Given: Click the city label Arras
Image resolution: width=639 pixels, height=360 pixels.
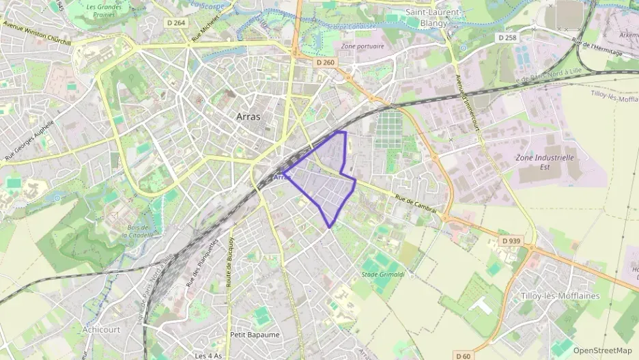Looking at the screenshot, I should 248,117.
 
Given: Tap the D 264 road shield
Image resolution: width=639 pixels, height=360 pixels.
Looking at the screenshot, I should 176,23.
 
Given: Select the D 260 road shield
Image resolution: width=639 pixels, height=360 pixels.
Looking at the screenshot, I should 326,62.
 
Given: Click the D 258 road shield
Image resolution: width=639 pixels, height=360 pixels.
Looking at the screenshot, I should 507,38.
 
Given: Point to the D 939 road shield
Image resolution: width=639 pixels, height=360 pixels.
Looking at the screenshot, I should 511,241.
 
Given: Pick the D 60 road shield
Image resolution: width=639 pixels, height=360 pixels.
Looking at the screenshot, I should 463,356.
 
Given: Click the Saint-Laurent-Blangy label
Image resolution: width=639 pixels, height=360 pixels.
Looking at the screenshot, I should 434,17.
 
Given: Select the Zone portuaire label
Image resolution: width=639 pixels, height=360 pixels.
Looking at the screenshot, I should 362,46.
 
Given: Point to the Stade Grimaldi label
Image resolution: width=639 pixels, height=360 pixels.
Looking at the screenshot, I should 380,275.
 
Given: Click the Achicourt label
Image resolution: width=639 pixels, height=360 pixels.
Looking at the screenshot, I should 101,329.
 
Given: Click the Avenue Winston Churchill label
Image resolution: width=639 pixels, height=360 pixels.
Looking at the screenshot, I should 38,33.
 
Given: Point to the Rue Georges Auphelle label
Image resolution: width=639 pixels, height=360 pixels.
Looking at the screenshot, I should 29,138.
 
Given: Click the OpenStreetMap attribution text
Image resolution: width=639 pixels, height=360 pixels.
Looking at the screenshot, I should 602,350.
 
